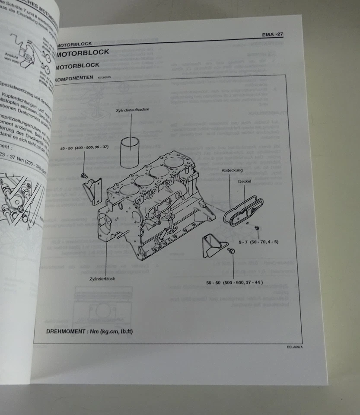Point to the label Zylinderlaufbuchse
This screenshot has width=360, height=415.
pos(132,110)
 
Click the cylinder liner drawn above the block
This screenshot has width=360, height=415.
pos(131,152)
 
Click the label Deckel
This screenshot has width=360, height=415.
pos(244,182)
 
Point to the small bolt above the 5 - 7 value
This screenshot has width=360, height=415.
pos(257,227)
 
